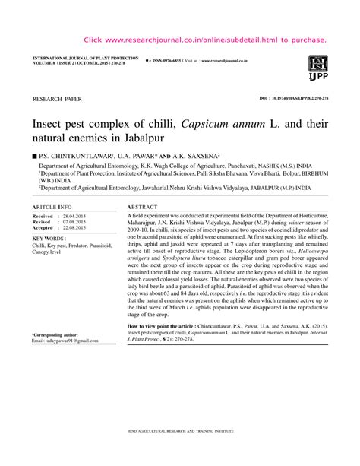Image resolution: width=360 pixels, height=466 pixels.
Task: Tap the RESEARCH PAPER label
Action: pyautogui.click(x=57, y=100)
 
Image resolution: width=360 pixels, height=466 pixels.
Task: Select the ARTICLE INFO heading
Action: pyautogui.click(x=52, y=208)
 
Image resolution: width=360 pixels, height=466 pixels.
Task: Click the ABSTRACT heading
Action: pyautogui.click(x=143, y=208)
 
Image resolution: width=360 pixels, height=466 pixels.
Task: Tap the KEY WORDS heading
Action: pyautogui.click(x=51, y=239)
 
